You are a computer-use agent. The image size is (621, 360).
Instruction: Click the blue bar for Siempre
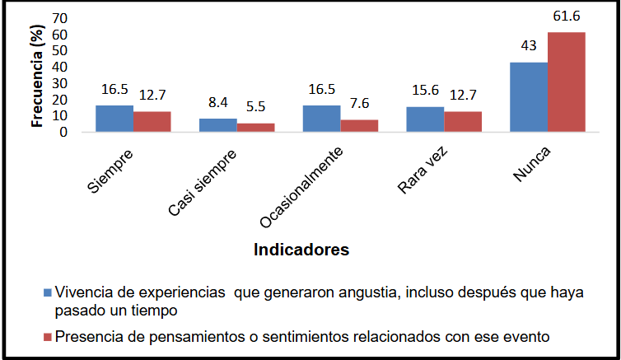(114, 119)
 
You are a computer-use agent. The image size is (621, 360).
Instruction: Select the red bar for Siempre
(152, 121)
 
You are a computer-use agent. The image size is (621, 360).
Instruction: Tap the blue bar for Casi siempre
(218, 125)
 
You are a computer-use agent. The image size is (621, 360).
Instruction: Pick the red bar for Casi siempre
(255, 128)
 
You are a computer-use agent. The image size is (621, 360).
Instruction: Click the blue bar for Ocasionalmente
(321, 119)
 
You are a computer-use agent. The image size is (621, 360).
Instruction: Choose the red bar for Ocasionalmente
(359, 126)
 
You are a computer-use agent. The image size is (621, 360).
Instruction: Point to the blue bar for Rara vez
(425, 119)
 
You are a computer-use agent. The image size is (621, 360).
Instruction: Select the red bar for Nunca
(566, 82)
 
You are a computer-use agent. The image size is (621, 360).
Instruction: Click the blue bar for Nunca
(529, 97)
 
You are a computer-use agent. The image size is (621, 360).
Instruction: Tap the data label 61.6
(567, 18)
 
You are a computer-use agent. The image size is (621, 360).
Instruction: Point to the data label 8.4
(217, 103)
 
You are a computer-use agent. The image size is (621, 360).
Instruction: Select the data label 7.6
(359, 105)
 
